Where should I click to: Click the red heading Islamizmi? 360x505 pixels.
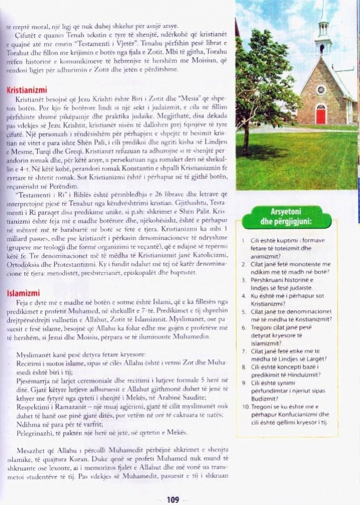click(x=23, y=293)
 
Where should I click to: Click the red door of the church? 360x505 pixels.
click(x=321, y=114)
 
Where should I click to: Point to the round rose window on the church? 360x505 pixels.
click(x=321, y=89)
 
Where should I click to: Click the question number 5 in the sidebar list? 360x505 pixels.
click(x=244, y=312)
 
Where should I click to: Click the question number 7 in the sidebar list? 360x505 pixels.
click(x=244, y=351)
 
